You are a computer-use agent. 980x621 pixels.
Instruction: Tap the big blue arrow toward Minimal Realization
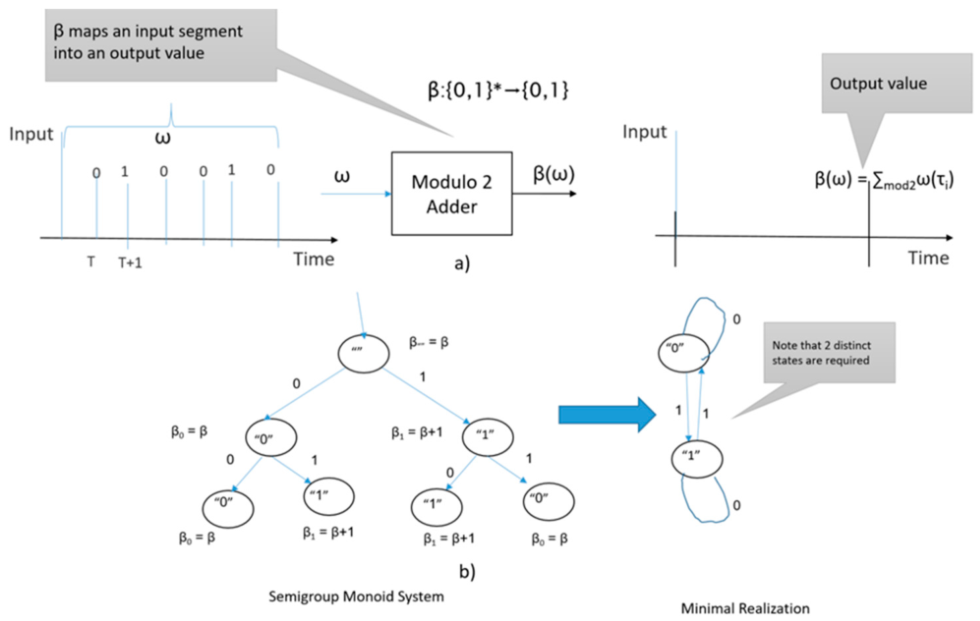[606, 415]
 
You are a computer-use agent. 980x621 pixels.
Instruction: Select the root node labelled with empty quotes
[363, 353]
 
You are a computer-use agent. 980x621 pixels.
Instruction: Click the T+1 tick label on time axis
[130, 263]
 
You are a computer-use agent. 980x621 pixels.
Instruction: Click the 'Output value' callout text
[878, 83]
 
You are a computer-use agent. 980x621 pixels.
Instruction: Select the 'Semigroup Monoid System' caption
[356, 597]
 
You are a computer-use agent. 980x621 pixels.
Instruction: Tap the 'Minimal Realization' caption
[745, 608]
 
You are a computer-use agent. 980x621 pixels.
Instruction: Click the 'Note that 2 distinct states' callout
[821, 353]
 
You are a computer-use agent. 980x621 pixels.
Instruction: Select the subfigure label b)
[467, 572]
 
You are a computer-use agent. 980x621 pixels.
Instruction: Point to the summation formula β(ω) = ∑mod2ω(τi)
[884, 180]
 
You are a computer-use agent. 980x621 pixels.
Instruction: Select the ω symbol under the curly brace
[163, 138]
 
